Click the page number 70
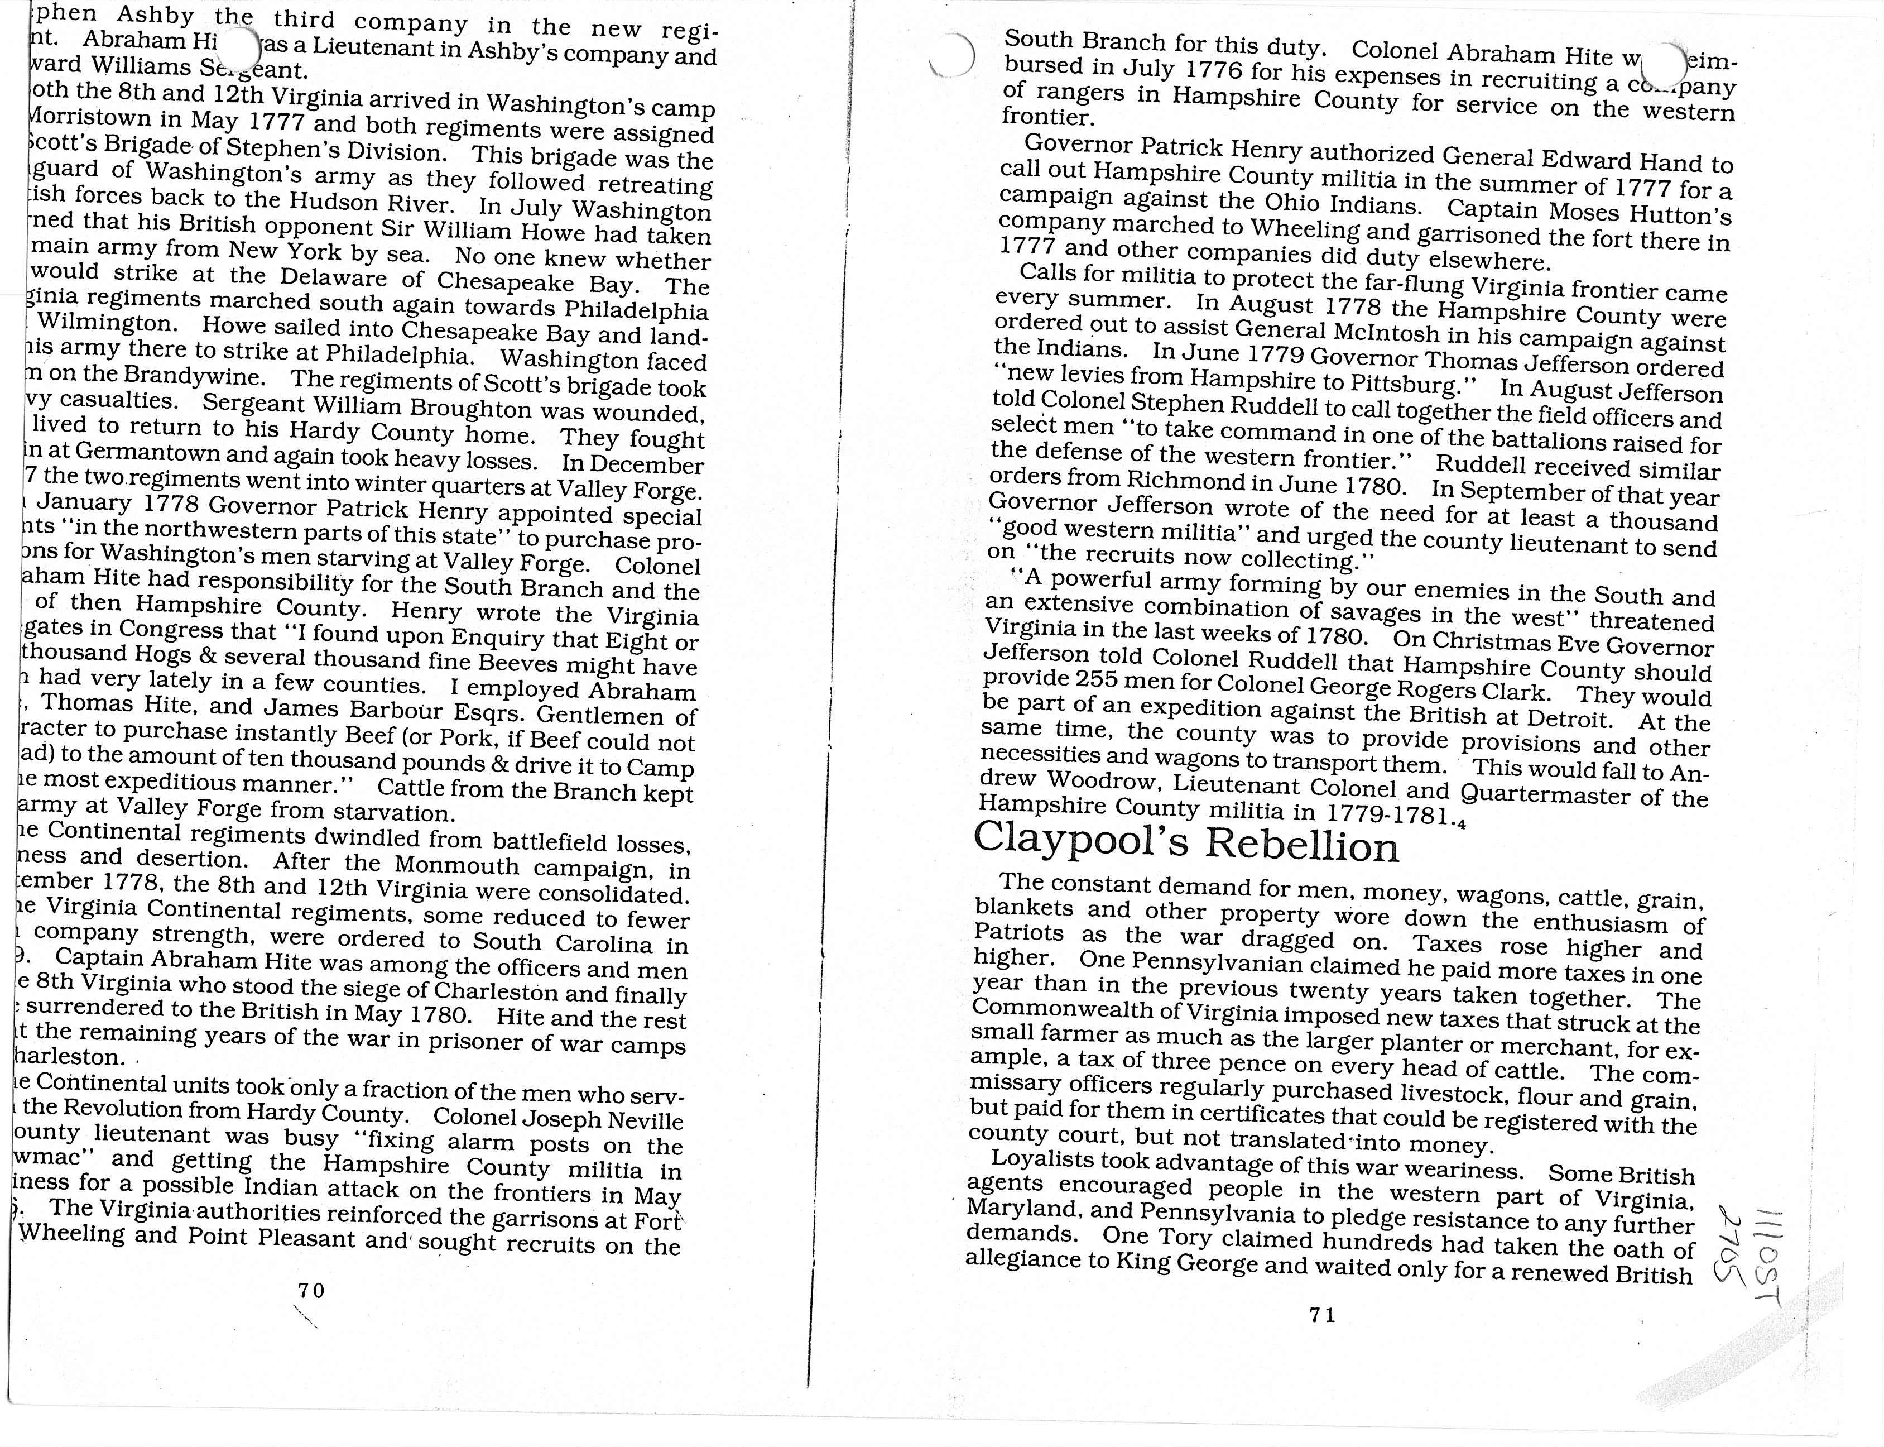point(311,1290)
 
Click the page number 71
point(1321,1315)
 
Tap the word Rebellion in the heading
point(1302,846)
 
